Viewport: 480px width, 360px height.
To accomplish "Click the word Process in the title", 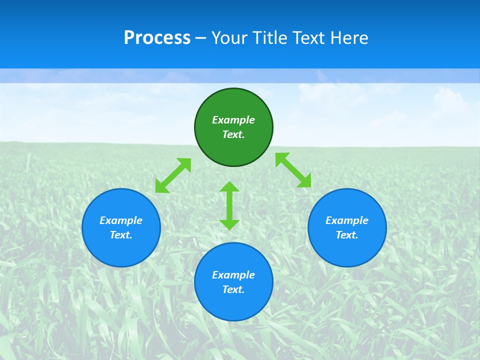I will coord(157,38).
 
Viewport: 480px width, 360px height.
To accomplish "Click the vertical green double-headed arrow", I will coord(229,205).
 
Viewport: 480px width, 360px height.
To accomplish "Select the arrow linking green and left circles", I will coord(173,175).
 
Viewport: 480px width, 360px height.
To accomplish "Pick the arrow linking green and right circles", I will coord(293,170).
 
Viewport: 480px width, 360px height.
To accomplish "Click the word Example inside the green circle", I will coord(233,120).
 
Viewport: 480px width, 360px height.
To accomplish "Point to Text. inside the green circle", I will coord(233,134).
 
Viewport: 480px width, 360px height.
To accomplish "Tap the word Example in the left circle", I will coord(121,220).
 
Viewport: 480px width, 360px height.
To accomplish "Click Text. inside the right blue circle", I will coord(347,235).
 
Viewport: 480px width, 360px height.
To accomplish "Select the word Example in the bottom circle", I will coord(233,275).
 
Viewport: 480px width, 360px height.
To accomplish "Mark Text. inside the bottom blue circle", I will coord(233,289).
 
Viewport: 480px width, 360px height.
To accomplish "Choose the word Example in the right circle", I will coord(347,220).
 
